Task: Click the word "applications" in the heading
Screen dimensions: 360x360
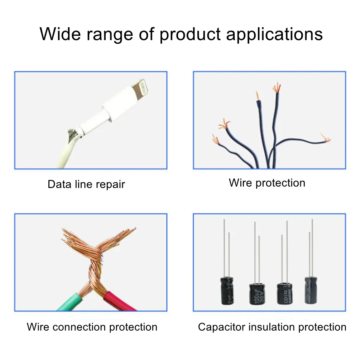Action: point(274,34)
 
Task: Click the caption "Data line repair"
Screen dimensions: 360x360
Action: point(86,184)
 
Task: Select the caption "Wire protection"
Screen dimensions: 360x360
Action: point(267,183)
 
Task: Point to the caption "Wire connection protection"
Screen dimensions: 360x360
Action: point(92,327)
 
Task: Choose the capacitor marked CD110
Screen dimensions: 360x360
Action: point(284,294)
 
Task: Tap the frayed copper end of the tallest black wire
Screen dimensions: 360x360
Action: point(276,87)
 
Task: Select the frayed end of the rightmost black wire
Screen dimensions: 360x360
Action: point(325,138)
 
